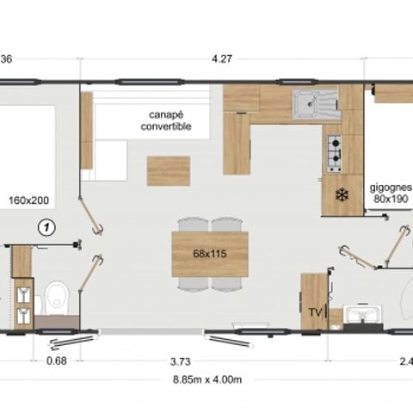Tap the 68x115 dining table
coord(210,254)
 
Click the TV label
coord(314,311)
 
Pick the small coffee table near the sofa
coord(168,170)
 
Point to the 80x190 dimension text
coord(391,198)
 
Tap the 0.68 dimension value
coord(57,361)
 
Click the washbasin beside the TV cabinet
coord(361,316)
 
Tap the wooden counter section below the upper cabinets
coord(237,143)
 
